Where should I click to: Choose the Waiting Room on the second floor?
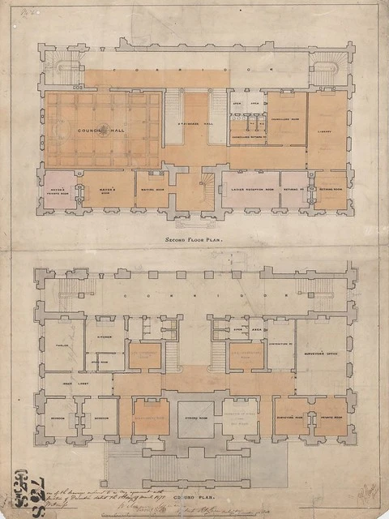pos(152,191)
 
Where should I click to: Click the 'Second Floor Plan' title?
pos(194,241)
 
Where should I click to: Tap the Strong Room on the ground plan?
pos(194,419)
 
